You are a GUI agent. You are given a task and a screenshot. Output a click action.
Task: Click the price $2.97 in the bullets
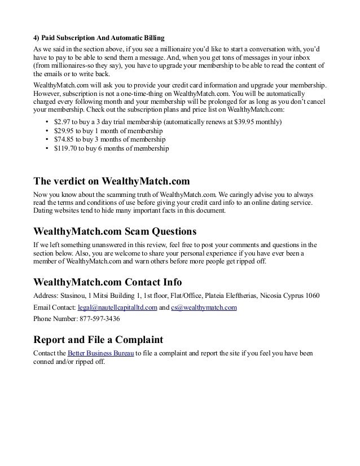pyautogui.click(x=61, y=122)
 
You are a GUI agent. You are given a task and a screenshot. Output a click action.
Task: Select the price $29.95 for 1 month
pyautogui.click(x=63, y=131)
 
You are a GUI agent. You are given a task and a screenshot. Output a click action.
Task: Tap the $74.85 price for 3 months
pyautogui.click(x=63, y=140)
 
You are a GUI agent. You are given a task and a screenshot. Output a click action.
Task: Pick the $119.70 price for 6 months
pyautogui.click(x=64, y=149)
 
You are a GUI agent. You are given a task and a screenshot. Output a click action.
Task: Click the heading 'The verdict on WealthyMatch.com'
pyautogui.click(x=112, y=182)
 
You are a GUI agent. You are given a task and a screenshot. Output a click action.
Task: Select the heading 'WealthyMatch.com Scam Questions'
pyautogui.click(x=115, y=231)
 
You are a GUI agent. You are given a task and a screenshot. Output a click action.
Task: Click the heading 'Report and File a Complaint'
pyautogui.click(x=98, y=340)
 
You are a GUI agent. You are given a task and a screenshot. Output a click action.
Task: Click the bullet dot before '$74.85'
pyautogui.click(x=45, y=140)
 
